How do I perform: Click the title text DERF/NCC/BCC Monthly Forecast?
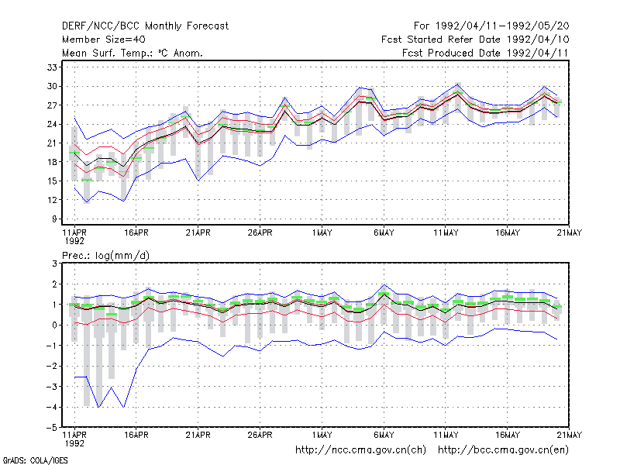pos(145,26)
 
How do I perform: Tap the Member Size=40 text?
pos(104,40)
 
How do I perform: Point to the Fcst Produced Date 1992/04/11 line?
pos(485,53)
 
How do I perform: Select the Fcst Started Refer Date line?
pos(475,40)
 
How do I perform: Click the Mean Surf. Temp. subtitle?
pos(133,53)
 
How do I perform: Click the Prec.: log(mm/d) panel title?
pos(105,256)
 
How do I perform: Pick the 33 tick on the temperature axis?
pos(52,67)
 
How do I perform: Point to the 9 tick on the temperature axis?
pos(54,219)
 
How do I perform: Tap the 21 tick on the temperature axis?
pos(52,143)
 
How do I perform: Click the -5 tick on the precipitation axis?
pos(52,428)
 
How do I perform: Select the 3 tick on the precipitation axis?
pos(54,263)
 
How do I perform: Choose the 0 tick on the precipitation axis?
pos(54,325)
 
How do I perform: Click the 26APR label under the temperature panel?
pos(260,233)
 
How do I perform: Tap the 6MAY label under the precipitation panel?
pos(384,435)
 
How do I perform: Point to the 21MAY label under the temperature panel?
pos(570,233)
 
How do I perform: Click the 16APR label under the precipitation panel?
pos(136,435)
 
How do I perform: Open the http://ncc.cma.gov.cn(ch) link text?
pos(360,450)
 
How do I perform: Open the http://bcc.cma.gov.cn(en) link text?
pos(503,450)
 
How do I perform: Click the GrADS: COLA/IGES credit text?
pos(35,460)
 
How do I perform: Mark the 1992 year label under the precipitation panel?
pos(74,443)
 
